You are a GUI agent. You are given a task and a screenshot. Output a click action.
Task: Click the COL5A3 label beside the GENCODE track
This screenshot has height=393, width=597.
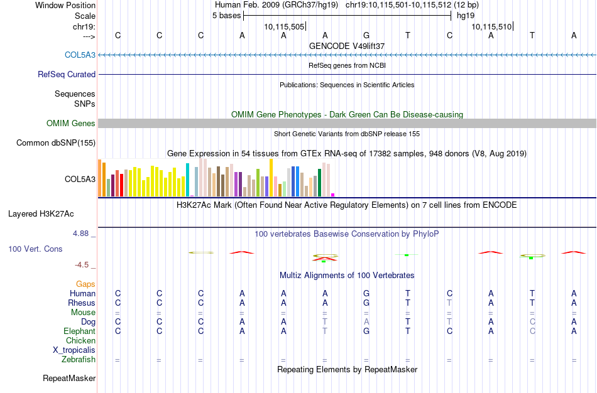click(80, 55)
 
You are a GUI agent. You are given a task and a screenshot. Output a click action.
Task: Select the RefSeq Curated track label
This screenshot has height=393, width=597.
click(67, 74)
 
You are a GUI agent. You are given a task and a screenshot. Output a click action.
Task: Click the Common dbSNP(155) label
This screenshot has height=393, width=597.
click(56, 143)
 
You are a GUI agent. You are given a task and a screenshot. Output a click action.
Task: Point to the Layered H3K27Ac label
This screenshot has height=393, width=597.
click(52, 213)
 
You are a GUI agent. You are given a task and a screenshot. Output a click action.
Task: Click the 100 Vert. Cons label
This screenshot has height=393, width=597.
click(35, 249)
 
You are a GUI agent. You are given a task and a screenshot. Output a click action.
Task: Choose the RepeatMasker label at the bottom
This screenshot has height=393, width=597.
click(69, 378)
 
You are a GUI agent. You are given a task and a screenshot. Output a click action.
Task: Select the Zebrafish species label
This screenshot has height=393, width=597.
click(79, 359)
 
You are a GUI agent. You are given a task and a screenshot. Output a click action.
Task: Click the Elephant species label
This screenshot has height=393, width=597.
click(79, 331)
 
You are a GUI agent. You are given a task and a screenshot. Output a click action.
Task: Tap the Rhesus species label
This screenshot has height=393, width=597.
click(82, 303)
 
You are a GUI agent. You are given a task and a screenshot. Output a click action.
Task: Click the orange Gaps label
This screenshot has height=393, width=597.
click(85, 284)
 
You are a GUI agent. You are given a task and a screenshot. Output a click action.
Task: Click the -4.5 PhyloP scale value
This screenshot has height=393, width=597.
click(84, 264)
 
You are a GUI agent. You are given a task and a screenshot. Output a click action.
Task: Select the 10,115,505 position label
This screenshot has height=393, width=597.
click(284, 26)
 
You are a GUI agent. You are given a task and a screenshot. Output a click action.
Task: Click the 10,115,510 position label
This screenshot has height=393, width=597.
click(491, 26)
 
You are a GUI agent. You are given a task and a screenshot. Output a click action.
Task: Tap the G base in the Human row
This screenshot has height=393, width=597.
click(366, 293)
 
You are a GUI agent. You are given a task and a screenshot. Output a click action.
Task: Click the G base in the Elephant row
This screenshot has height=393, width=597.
click(366, 331)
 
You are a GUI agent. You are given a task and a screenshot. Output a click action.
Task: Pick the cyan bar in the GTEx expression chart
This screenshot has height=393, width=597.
click(188, 179)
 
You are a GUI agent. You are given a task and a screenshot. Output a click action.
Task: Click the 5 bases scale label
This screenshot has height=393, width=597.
click(226, 15)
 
